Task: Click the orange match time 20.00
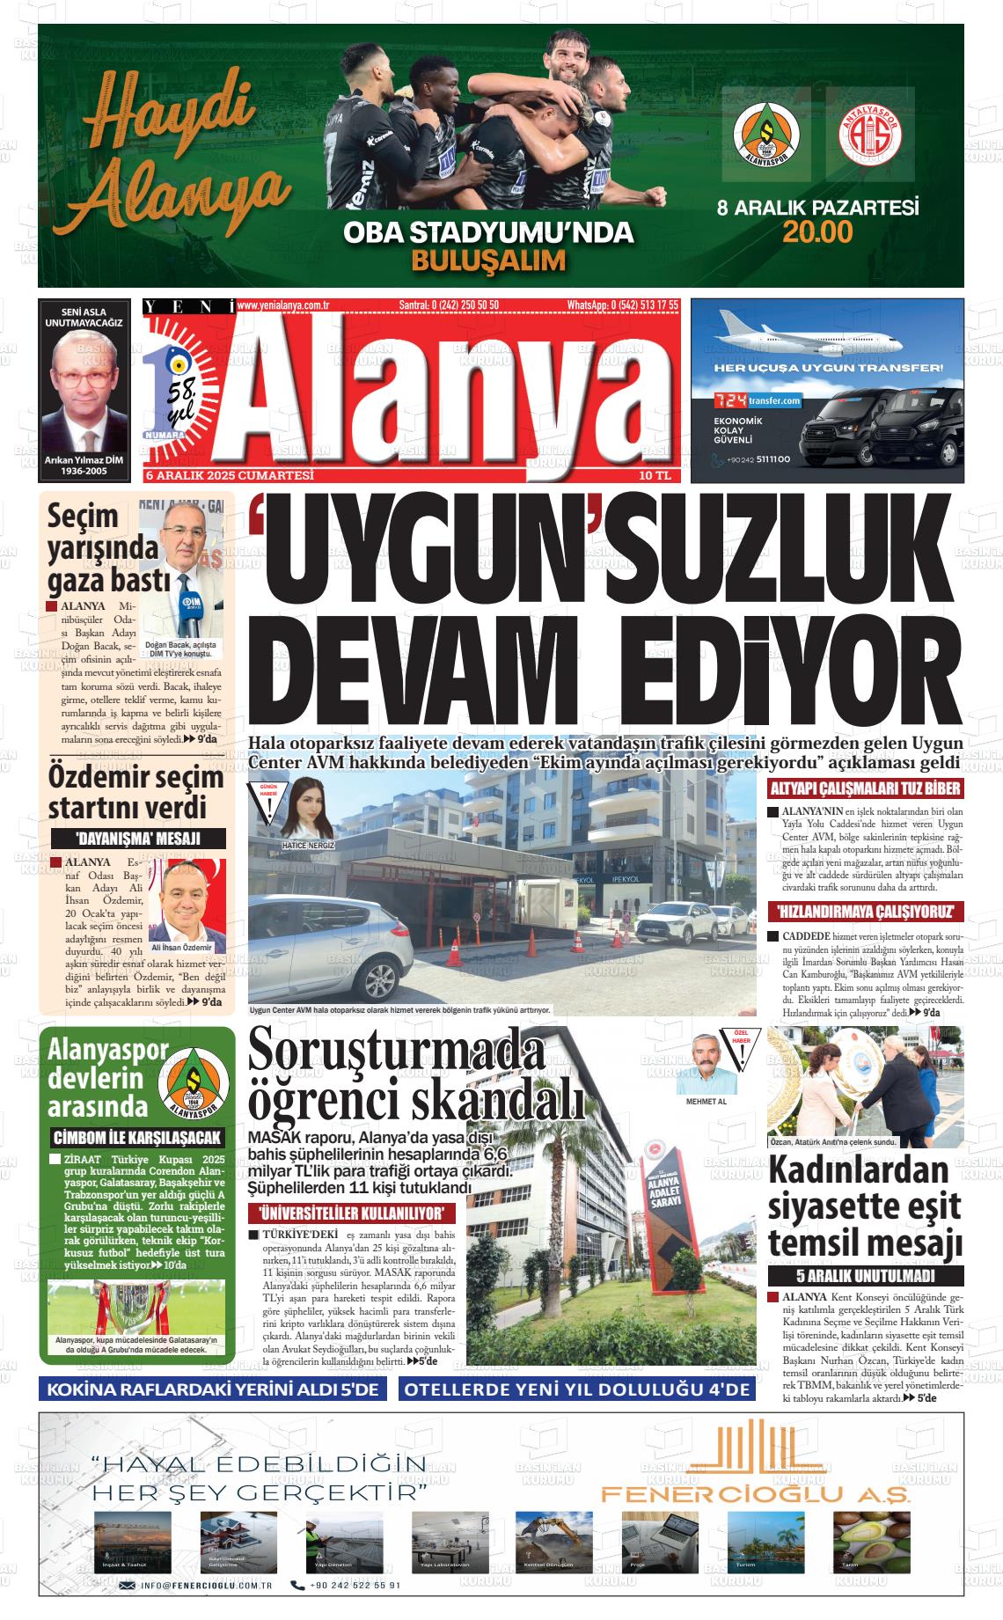[818, 232]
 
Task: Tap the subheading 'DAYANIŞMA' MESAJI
[137, 839]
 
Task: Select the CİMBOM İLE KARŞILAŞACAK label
[137, 1137]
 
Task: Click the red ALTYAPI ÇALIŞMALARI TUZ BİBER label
[866, 789]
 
